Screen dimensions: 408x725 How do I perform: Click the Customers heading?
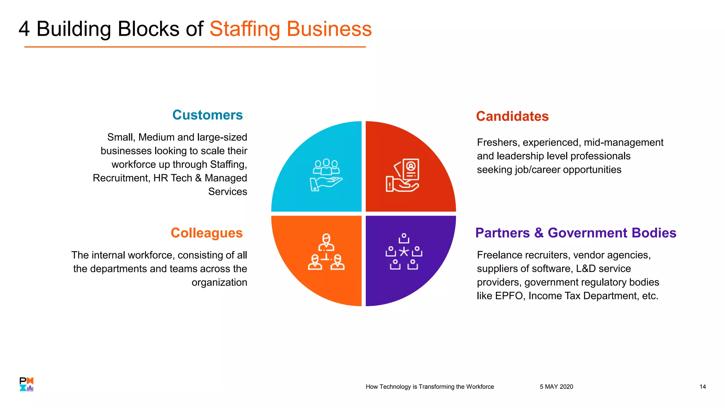click(207, 115)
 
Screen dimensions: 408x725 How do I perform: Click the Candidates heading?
click(512, 117)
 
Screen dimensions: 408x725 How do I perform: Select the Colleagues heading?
click(207, 233)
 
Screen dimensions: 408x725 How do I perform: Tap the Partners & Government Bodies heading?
click(576, 233)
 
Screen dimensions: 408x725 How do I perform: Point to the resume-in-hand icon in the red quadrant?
click(403, 175)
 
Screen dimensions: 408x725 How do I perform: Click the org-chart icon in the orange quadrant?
click(326, 252)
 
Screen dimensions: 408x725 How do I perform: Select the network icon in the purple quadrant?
click(404, 252)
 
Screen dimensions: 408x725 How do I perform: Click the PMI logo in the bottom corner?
click(27, 384)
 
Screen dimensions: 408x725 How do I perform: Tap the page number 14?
click(703, 387)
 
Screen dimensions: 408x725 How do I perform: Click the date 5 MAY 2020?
click(556, 387)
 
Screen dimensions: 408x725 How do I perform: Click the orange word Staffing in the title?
click(245, 29)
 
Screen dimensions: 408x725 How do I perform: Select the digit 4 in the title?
click(24, 29)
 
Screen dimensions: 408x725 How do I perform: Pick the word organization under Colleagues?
click(219, 283)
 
